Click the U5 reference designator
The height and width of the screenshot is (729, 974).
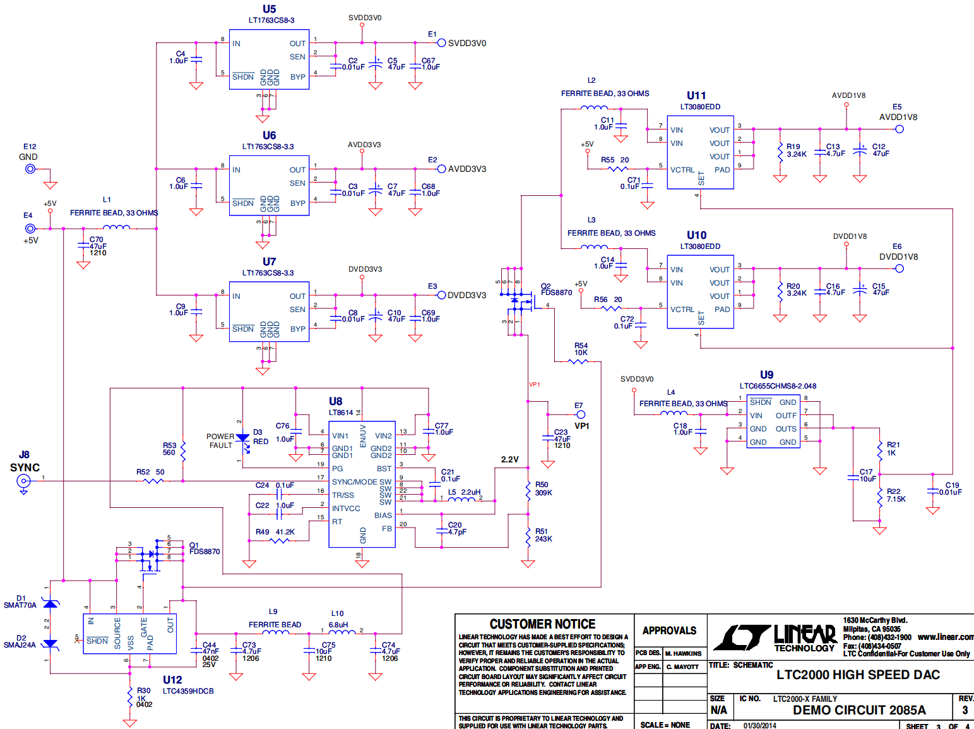270,9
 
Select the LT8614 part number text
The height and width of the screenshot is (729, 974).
341,413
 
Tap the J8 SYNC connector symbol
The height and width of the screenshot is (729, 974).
23,481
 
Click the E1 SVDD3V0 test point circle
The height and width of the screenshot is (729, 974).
442,43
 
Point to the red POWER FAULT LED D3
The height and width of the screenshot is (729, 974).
242,438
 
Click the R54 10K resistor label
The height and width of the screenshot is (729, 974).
581,349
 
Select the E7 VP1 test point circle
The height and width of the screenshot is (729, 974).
581,414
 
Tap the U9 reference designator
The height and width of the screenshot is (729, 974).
766,375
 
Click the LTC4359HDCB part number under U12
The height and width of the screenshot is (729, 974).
188,691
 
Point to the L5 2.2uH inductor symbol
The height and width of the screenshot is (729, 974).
461,500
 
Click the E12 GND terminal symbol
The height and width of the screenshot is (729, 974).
30,169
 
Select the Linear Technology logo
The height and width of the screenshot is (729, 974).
775,637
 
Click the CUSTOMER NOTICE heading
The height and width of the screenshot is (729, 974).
542,624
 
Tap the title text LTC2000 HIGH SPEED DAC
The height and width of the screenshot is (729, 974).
858,675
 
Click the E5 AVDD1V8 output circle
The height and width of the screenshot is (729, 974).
900,129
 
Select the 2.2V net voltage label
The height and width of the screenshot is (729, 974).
509,459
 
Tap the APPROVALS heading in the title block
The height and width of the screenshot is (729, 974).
669,630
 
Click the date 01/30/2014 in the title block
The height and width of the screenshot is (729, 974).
759,725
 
